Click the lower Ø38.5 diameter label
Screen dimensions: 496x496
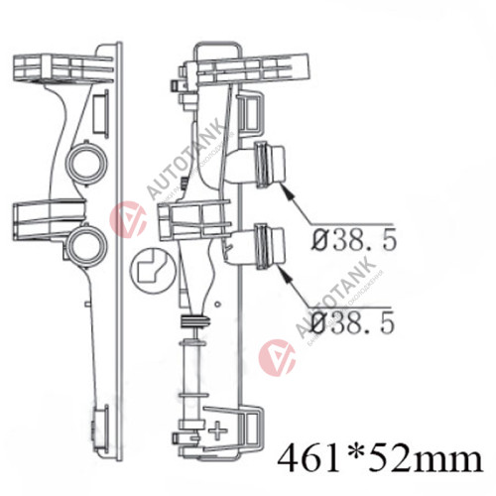tap(353, 322)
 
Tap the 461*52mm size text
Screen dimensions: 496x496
tap(380, 458)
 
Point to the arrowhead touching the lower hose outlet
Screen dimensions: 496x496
tap(286, 274)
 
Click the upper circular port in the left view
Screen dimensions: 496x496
tap(86, 164)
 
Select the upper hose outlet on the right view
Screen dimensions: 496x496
tap(269, 165)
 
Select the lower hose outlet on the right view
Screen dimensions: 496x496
tap(269, 246)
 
